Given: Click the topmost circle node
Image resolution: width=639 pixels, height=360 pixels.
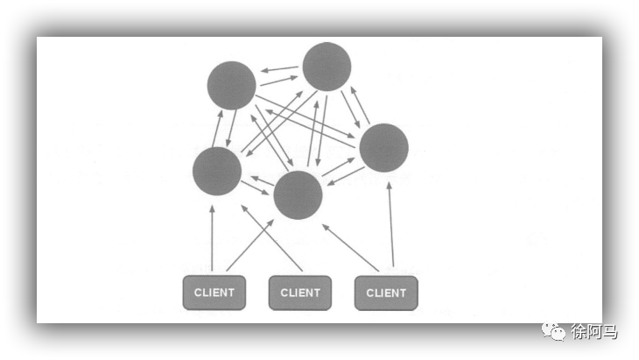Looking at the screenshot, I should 327,67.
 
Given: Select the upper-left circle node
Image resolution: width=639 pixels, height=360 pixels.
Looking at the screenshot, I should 232,86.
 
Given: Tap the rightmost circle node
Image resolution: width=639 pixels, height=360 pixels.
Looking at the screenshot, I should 383,147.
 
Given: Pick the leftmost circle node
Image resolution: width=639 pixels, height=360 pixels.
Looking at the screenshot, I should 216,171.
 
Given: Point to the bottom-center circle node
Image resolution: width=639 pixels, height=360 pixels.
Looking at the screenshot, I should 298,194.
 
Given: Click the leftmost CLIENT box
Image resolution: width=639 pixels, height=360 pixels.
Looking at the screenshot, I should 214,293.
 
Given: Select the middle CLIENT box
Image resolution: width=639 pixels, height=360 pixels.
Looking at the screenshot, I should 300,293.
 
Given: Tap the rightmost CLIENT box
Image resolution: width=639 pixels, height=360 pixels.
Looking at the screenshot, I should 386,293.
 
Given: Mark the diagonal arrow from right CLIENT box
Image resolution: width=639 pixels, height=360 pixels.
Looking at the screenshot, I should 350,247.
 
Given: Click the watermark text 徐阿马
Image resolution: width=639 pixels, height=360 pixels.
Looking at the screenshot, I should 594,332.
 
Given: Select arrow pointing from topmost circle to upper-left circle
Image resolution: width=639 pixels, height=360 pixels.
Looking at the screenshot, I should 280,68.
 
